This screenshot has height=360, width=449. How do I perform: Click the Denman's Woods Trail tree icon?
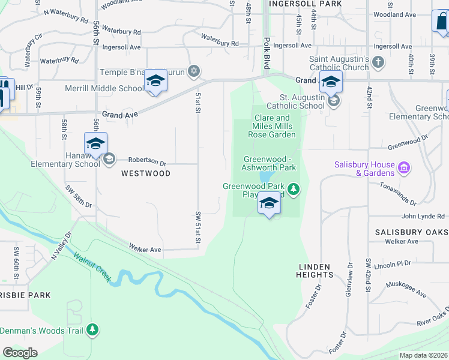click(92, 329)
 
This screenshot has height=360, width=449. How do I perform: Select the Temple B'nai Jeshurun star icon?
click(193, 72)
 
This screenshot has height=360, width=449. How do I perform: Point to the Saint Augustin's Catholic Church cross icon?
click(378, 61)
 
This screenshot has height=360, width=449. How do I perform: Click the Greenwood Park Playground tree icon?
click(293, 190)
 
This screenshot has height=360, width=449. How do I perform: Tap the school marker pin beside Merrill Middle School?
click(155, 82)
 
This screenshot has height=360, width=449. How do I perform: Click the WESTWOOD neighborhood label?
click(146, 173)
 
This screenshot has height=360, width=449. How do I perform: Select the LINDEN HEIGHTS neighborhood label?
click(315, 270)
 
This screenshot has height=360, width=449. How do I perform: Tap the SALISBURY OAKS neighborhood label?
click(411, 232)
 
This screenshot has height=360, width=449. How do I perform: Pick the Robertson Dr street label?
click(147, 161)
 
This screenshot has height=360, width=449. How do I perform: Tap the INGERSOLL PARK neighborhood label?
click(305, 4)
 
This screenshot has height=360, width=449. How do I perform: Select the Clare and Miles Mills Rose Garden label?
click(272, 126)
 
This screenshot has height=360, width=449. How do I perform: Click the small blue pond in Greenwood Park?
click(265, 178)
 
